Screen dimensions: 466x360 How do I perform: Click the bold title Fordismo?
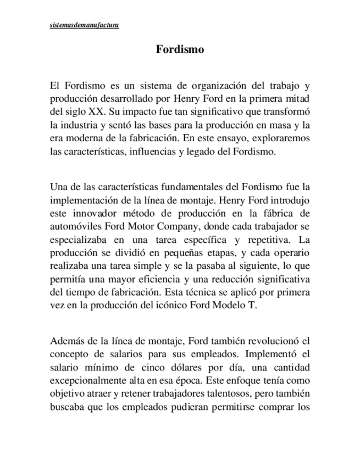point(180,49)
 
